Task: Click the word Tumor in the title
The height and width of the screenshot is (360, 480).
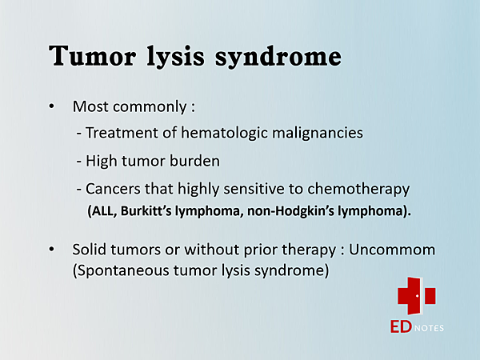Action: [x=92, y=55]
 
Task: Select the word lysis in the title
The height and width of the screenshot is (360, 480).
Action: [x=175, y=58]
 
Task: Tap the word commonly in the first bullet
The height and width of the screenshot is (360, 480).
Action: [x=150, y=107]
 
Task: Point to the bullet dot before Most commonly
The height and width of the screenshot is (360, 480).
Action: [x=51, y=106]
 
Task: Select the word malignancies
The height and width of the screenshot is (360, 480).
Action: [x=318, y=134]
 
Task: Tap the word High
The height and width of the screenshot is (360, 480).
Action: [x=102, y=162]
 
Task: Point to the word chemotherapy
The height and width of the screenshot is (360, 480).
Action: [x=358, y=190]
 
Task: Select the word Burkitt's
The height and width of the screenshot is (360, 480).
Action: [x=146, y=210]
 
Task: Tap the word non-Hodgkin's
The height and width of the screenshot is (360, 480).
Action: [x=290, y=211]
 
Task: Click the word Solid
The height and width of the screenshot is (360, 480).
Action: [x=90, y=249]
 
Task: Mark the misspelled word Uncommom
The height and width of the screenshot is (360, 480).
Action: [x=392, y=250]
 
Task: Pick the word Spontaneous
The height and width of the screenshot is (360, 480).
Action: [x=121, y=270]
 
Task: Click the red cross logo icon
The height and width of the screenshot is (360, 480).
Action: [x=417, y=296]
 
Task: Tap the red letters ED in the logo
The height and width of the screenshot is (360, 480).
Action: [x=401, y=326]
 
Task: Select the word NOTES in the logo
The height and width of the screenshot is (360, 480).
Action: [x=429, y=328]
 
